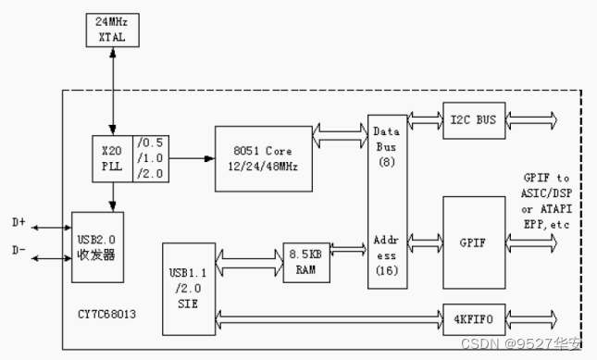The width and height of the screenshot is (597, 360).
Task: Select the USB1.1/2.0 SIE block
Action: (188, 287)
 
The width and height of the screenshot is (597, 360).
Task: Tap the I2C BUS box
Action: (473, 120)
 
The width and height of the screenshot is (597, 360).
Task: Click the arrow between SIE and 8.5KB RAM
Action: (249, 263)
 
